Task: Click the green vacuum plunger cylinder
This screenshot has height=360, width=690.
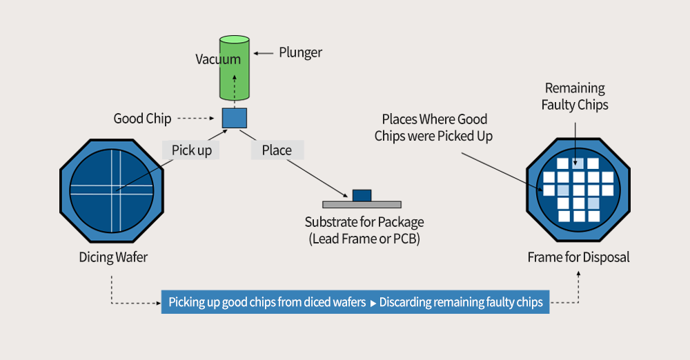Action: coord(235,68)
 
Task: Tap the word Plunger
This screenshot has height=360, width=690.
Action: coord(301,53)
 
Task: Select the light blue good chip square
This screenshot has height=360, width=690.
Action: coord(234,118)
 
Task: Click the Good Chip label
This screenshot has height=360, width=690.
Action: coord(142,119)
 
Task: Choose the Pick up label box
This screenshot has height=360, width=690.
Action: coord(191,150)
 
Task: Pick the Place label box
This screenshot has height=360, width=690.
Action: coord(277,150)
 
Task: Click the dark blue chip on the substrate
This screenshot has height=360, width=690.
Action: coord(362,195)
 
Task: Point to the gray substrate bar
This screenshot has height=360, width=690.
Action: coord(362,205)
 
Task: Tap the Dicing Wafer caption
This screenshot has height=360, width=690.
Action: coord(113,257)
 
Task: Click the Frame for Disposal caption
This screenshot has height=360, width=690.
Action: coord(578,257)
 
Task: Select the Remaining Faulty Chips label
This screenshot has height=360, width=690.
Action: coord(575,97)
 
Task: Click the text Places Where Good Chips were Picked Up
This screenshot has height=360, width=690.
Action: coord(433,128)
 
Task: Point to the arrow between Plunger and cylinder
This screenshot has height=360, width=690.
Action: coord(263,53)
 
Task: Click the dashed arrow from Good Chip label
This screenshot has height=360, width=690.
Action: coord(195,118)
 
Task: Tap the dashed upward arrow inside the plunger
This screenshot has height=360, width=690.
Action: coord(234,91)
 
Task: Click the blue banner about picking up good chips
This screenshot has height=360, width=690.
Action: coord(355,302)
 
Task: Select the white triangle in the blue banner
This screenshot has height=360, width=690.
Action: coord(373,303)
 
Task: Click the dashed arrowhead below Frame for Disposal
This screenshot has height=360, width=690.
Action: coord(578,273)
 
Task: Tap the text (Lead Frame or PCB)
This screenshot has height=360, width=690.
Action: coord(364,239)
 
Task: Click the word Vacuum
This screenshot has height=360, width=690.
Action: coord(218,59)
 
